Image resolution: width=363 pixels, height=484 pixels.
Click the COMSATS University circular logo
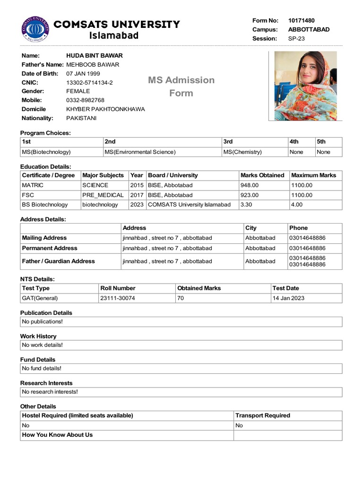[x=35, y=29]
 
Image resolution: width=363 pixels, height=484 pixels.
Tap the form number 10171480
[x=301, y=21]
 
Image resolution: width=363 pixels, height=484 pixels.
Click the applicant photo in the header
[x=305, y=86]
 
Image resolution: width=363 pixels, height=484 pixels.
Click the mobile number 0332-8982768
[x=85, y=100]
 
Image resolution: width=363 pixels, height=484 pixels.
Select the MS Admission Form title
[x=181, y=86]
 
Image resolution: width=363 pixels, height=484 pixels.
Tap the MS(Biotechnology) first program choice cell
[x=46, y=152]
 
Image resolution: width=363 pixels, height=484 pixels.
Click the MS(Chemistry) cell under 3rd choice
[x=242, y=152]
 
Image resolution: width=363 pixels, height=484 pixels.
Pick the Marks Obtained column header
[x=262, y=175]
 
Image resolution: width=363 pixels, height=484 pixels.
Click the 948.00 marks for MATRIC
[x=250, y=185]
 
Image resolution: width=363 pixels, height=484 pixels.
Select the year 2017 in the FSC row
[x=137, y=195]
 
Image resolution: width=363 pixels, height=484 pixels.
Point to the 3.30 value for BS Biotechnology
[x=246, y=205]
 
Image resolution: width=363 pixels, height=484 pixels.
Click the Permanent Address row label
[x=50, y=248]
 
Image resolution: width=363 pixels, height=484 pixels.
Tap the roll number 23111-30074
[x=117, y=298]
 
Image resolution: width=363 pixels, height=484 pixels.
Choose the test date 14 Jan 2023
[x=288, y=298]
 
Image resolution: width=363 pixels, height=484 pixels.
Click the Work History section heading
[x=38, y=337]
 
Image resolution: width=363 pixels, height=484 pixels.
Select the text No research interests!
[x=50, y=392]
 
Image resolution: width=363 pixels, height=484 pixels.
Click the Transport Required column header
[x=263, y=416]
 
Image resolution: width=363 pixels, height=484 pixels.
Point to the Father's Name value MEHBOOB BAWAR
[x=93, y=65]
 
